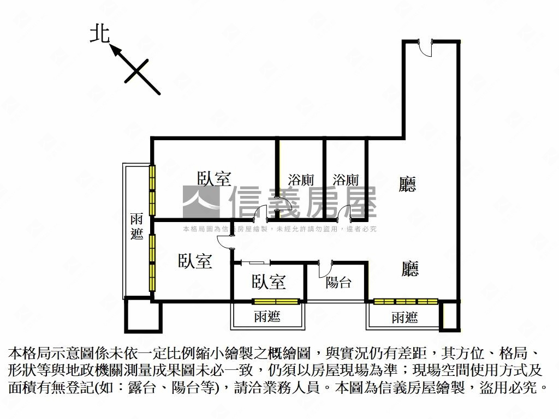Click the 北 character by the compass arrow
click(99, 34)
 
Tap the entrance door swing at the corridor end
click(425, 48)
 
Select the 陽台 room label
click(338, 282)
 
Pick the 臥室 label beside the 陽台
click(269, 282)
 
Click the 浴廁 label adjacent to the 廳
click(346, 180)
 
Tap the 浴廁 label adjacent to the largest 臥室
click(301, 180)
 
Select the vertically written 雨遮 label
click(137, 227)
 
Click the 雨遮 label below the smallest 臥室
click(267, 316)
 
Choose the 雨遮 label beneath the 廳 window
click(405, 318)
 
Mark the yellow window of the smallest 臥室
click(276, 301)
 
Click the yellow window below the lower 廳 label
click(406, 301)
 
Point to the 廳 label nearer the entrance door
click(407, 184)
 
